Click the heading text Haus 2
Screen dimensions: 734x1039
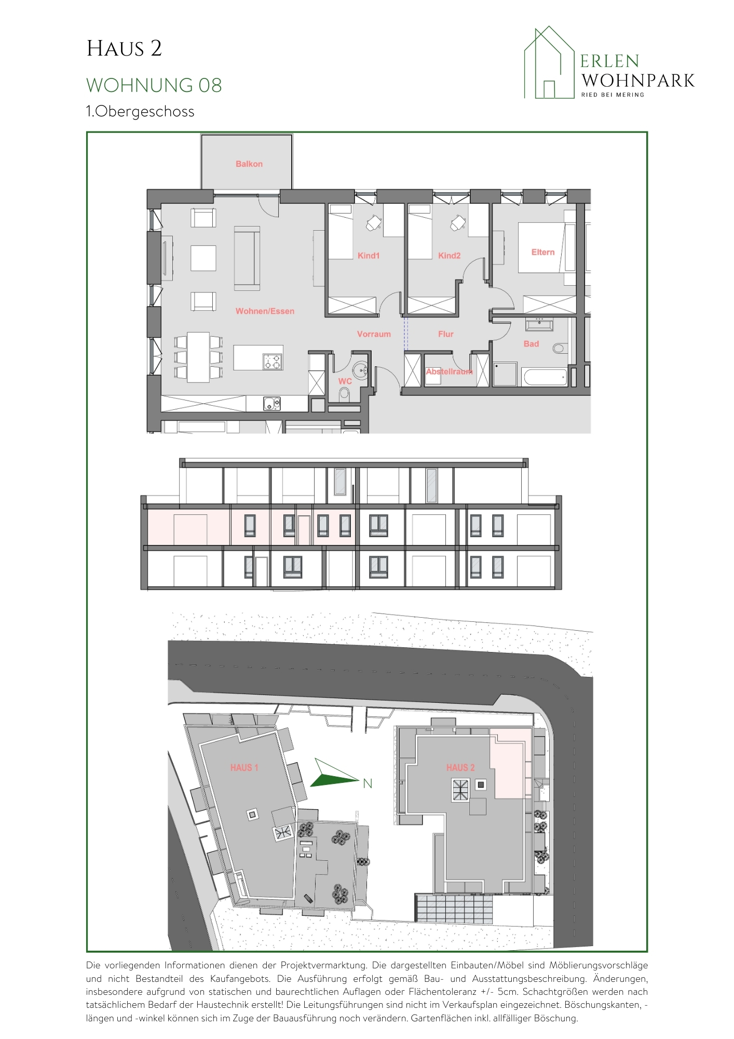(x=124, y=49)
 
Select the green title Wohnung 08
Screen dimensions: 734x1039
(x=154, y=85)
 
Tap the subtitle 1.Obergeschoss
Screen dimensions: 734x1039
(x=140, y=112)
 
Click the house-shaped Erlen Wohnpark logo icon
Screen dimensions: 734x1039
(x=549, y=62)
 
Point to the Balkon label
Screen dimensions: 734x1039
(x=249, y=164)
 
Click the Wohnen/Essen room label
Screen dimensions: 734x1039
(x=265, y=311)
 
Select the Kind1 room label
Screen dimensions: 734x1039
(x=369, y=256)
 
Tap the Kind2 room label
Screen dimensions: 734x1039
(x=449, y=256)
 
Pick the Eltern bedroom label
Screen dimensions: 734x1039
(x=543, y=252)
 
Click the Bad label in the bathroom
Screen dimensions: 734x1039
(x=531, y=344)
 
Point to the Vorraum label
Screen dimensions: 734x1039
(x=374, y=334)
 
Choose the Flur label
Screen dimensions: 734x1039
(x=446, y=334)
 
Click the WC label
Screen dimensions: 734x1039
(x=345, y=381)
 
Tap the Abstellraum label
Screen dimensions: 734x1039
(x=449, y=371)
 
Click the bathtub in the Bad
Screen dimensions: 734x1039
(x=545, y=376)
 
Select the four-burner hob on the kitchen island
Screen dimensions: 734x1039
(x=273, y=361)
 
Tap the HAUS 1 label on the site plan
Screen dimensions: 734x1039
(x=244, y=767)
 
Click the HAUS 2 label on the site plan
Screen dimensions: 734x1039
(x=460, y=767)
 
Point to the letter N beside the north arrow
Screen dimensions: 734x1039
(x=368, y=783)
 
